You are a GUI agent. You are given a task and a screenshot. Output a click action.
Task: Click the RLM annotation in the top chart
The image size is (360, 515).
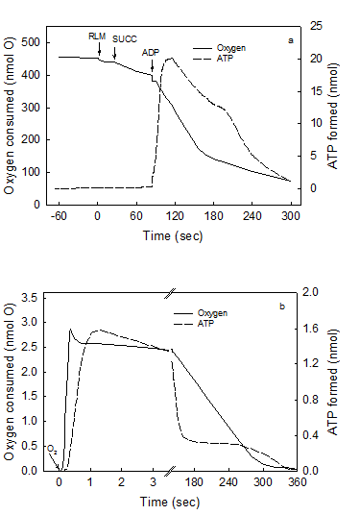(x=97, y=36)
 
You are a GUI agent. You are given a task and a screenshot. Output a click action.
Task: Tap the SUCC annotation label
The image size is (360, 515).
(x=125, y=39)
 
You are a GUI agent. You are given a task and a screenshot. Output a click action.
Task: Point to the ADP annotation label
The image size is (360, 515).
(x=151, y=53)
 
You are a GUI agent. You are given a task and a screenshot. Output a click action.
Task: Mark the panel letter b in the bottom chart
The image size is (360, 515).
(x=282, y=307)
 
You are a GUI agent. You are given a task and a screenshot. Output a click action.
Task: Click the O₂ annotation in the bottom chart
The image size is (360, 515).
(x=51, y=448)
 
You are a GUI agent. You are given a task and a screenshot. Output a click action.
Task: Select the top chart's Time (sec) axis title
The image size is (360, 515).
(x=171, y=233)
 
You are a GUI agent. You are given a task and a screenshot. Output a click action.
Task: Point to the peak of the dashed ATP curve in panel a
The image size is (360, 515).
(x=171, y=59)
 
